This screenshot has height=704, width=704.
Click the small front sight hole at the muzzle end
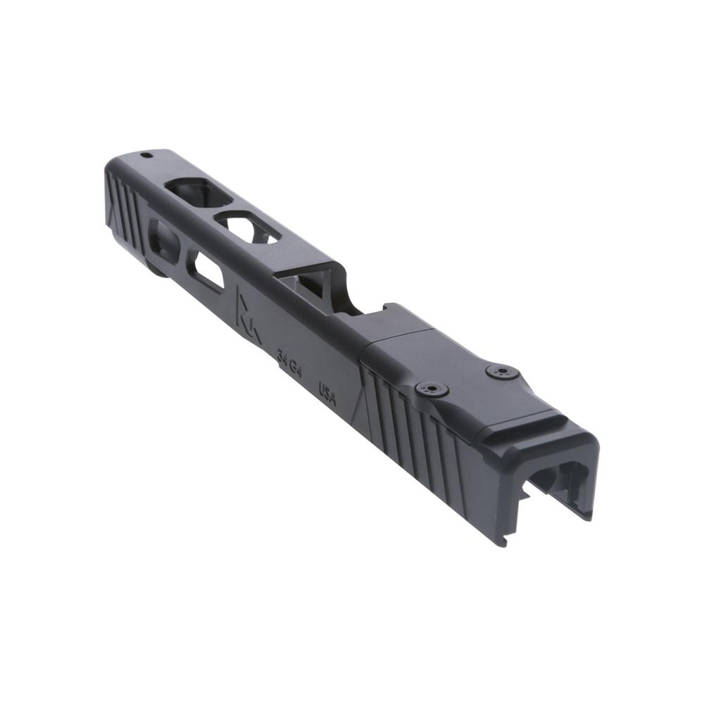(146, 155)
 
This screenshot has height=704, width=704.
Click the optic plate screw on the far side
(502, 371)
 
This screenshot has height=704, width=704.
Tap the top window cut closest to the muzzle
(189, 191)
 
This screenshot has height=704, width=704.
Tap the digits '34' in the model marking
(282, 362)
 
